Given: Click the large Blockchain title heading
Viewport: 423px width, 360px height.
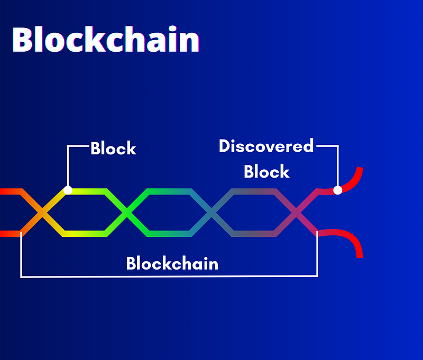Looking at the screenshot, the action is pos(105,39).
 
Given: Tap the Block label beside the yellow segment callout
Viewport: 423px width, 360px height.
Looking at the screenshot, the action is pos(113,148).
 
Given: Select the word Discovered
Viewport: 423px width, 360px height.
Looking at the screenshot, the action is pos(266,146).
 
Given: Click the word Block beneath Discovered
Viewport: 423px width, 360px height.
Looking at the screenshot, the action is pos(266,171).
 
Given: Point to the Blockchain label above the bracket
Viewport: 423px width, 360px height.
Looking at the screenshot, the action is pos(172,263).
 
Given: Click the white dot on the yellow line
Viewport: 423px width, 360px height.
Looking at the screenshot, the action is pos(68,190).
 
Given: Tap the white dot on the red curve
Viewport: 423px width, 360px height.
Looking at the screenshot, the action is pos(337,190).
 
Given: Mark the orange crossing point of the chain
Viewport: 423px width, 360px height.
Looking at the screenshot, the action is pos(42,213).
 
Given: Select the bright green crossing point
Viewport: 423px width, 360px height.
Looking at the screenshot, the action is pos(126,213).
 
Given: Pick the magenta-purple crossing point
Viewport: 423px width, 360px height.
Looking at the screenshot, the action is pos(296,213).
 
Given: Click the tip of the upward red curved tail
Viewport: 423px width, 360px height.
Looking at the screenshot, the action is pos(360,168).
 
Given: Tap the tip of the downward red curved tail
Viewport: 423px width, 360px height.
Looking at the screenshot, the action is pos(360,257).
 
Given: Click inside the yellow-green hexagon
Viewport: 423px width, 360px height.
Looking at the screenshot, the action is pos(84,213).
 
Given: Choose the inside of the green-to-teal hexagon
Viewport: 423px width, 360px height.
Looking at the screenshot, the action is pos(169,213).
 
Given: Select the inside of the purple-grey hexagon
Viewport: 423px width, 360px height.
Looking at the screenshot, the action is pos(254,213).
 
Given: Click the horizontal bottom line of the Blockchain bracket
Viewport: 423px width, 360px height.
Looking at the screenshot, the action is pos(169,276).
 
